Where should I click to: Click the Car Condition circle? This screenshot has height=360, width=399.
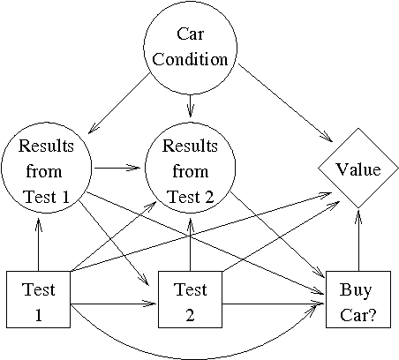[x=190, y=48]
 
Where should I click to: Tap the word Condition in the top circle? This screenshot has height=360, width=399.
[x=190, y=61]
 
